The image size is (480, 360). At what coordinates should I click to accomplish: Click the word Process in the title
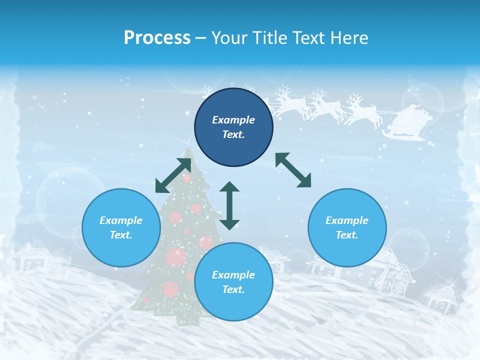(157, 37)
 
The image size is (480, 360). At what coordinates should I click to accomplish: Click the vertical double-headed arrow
(229, 205)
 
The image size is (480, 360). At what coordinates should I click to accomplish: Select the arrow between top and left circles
(173, 175)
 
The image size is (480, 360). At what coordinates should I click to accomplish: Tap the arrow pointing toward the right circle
(293, 170)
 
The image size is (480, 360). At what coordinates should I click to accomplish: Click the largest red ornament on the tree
(175, 256)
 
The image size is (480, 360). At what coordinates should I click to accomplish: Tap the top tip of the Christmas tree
(188, 150)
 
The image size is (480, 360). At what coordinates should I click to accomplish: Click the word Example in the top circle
(233, 120)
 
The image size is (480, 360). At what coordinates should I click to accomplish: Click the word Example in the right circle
(347, 220)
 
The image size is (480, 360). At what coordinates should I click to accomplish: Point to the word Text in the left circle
(120, 235)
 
